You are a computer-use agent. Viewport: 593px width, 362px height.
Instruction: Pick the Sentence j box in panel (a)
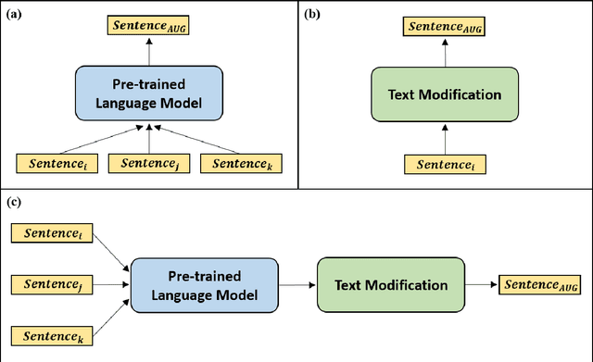(x=148, y=164)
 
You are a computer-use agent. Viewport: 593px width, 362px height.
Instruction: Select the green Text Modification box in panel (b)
(x=444, y=94)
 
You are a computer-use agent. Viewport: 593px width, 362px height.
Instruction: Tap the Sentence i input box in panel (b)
(x=444, y=164)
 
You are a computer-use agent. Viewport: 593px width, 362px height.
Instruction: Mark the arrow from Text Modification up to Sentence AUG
(x=444, y=54)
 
